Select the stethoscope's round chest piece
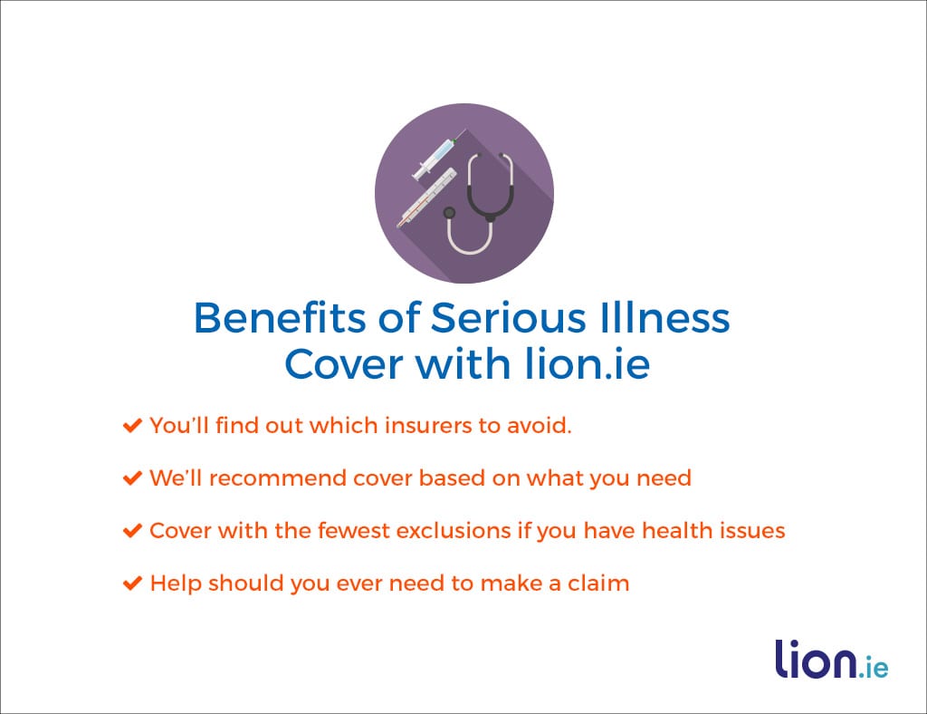tap(449, 213)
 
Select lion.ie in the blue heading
tap(588, 363)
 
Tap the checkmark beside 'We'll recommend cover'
tap(131, 478)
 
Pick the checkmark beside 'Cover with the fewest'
tap(131, 531)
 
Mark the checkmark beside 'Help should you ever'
tap(131, 584)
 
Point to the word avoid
tap(540, 426)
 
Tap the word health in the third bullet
tap(677, 531)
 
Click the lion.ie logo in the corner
tap(830, 661)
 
